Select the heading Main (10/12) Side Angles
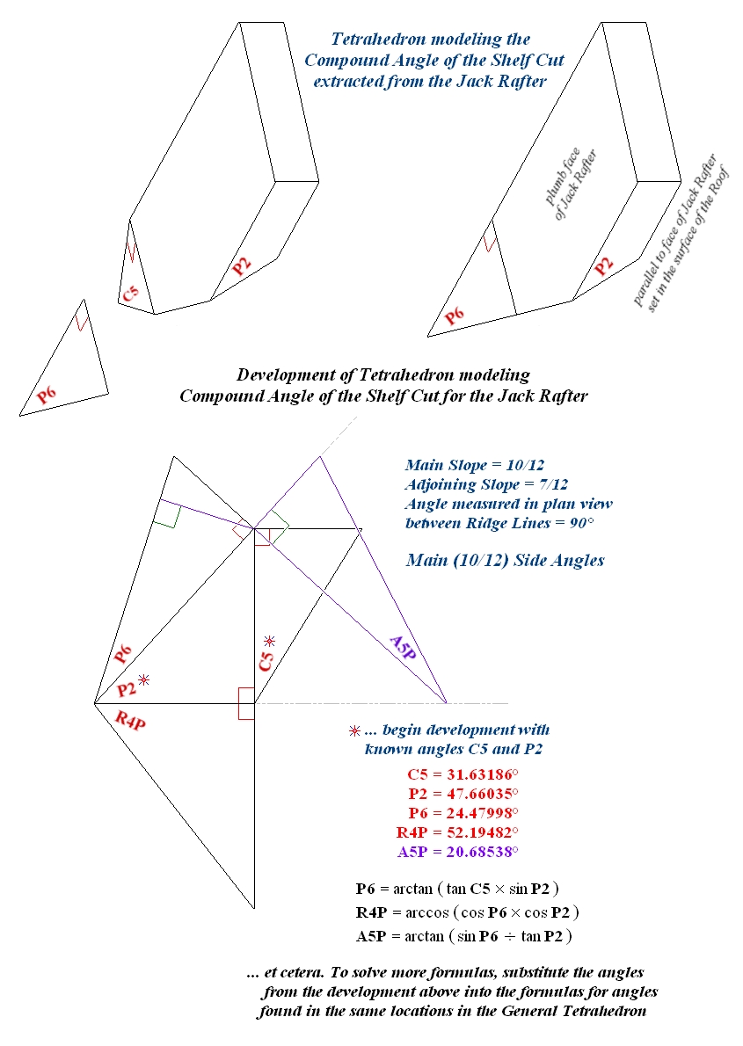pyautogui.click(x=505, y=560)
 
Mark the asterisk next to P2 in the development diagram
pyautogui.click(x=144, y=679)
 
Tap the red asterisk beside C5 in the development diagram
pyautogui.click(x=270, y=641)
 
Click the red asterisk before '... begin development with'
pyautogui.click(x=354, y=731)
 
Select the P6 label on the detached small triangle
pyautogui.click(x=47, y=395)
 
